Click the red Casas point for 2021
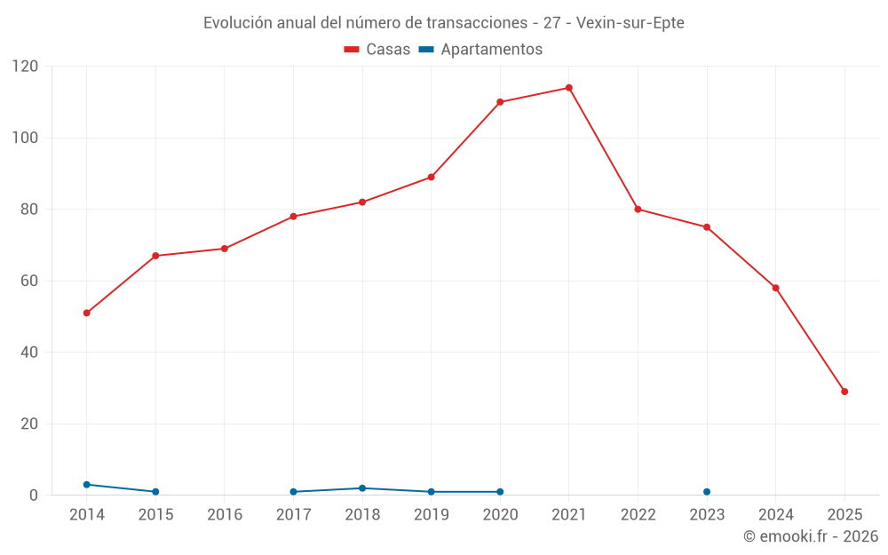pos(569,88)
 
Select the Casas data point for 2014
pos(86,313)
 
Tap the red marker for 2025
pos(844,392)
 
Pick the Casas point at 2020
pos(500,102)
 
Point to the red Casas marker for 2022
pos(638,210)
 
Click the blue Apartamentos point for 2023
pos(707,492)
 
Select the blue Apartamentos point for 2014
pos(86,485)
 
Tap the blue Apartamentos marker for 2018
pos(362,488)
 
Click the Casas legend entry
pos(377,50)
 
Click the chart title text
pos(444,23)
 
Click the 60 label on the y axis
pos(29,281)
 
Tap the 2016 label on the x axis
pos(224,515)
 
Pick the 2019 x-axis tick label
pos(432,515)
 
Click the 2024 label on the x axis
pos(775,515)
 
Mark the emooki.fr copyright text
pos(810,536)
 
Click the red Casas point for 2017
pos(293,217)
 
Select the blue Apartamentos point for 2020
pos(500,492)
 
